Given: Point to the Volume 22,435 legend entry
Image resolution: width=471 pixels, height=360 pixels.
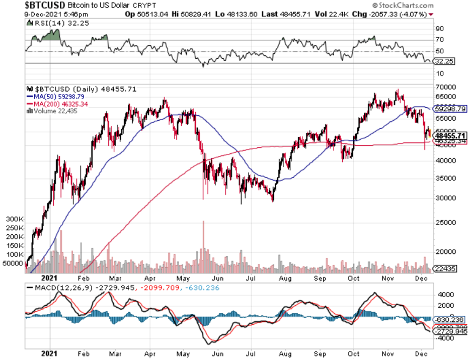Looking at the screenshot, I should click(x=56, y=111).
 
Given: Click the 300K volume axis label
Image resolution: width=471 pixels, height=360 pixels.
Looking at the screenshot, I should click(x=15, y=219).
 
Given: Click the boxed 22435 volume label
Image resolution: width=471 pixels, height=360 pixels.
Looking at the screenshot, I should click(x=446, y=269).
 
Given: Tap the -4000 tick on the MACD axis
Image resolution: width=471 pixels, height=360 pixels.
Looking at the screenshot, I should click(x=446, y=339).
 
